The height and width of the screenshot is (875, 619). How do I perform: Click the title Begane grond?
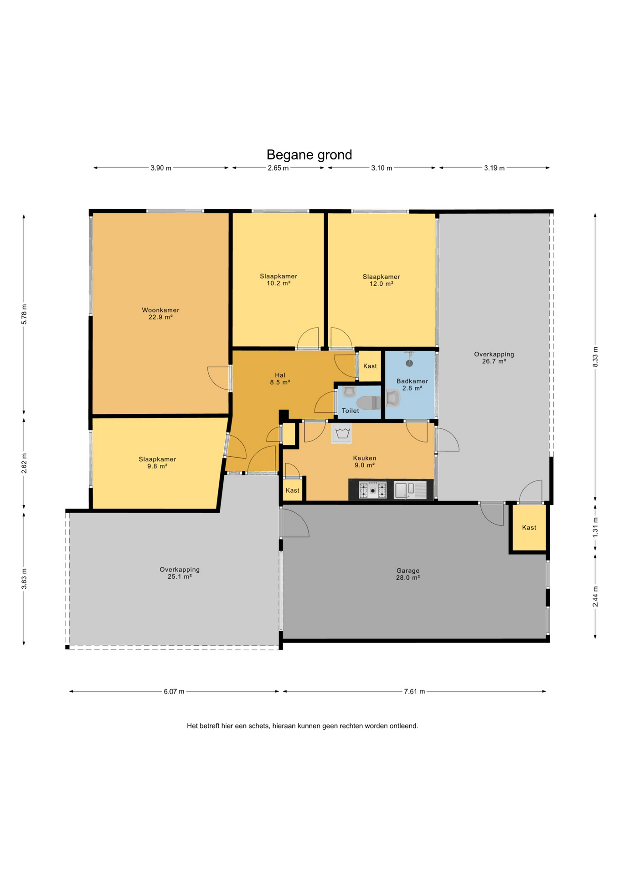[309, 155]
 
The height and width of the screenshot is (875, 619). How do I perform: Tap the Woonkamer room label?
[160, 314]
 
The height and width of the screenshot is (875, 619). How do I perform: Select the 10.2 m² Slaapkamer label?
[279, 279]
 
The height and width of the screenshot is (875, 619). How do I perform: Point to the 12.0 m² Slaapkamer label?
[382, 280]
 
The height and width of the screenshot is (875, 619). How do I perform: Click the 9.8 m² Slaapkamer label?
[157, 463]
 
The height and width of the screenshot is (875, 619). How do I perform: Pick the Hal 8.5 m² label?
[280, 379]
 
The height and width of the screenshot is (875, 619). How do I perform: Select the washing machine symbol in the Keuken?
[342, 433]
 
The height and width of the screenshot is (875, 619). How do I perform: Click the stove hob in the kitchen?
[373, 490]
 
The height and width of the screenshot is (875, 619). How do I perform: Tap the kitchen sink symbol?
[410, 490]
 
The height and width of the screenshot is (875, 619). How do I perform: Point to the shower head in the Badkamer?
[409, 360]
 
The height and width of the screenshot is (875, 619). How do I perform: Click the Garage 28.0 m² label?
[408, 574]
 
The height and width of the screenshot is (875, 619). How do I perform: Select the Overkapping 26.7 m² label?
[494, 357]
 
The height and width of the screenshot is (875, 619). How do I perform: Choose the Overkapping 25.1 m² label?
[180, 573]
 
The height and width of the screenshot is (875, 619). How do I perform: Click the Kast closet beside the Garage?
[529, 528]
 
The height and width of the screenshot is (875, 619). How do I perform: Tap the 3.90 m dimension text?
[161, 168]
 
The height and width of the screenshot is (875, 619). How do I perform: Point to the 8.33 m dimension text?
[595, 356]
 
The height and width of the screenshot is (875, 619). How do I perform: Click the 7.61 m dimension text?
[414, 691]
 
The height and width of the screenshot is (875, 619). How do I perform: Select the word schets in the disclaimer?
[259, 726]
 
